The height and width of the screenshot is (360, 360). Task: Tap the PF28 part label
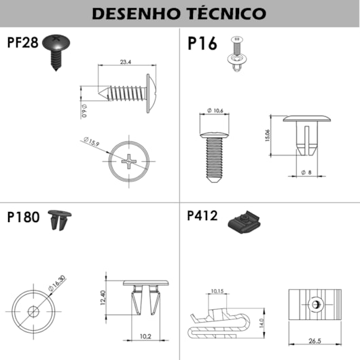pos(22,42)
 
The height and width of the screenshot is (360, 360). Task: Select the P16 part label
pos(202,44)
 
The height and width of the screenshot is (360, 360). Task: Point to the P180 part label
pos(24,218)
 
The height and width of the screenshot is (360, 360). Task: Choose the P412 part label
pos(202,216)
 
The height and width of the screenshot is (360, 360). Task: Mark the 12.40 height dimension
pos(102,298)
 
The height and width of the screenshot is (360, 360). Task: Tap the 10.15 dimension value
pos(217,291)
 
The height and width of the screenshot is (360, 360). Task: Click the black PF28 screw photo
pos(56,48)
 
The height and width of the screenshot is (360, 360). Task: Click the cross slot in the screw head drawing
pos(129,162)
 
